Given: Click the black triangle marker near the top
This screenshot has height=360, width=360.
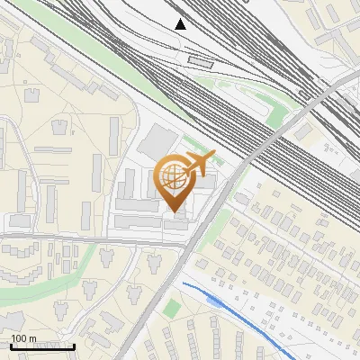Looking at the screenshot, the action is [x=181, y=24].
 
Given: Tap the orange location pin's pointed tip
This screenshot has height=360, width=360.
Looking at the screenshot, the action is [x=176, y=213].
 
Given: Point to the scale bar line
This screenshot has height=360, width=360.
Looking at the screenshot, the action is [x=42, y=346].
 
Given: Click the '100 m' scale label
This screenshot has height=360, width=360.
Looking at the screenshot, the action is [x=24, y=338].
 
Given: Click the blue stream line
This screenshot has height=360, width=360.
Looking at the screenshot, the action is [x=243, y=317].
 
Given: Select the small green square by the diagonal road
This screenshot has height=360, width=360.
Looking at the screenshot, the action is [x=172, y=308].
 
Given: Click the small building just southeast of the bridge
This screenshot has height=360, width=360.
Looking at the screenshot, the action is [x=302, y=132].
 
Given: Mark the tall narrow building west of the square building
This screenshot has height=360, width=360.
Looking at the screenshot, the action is [x=115, y=135].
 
